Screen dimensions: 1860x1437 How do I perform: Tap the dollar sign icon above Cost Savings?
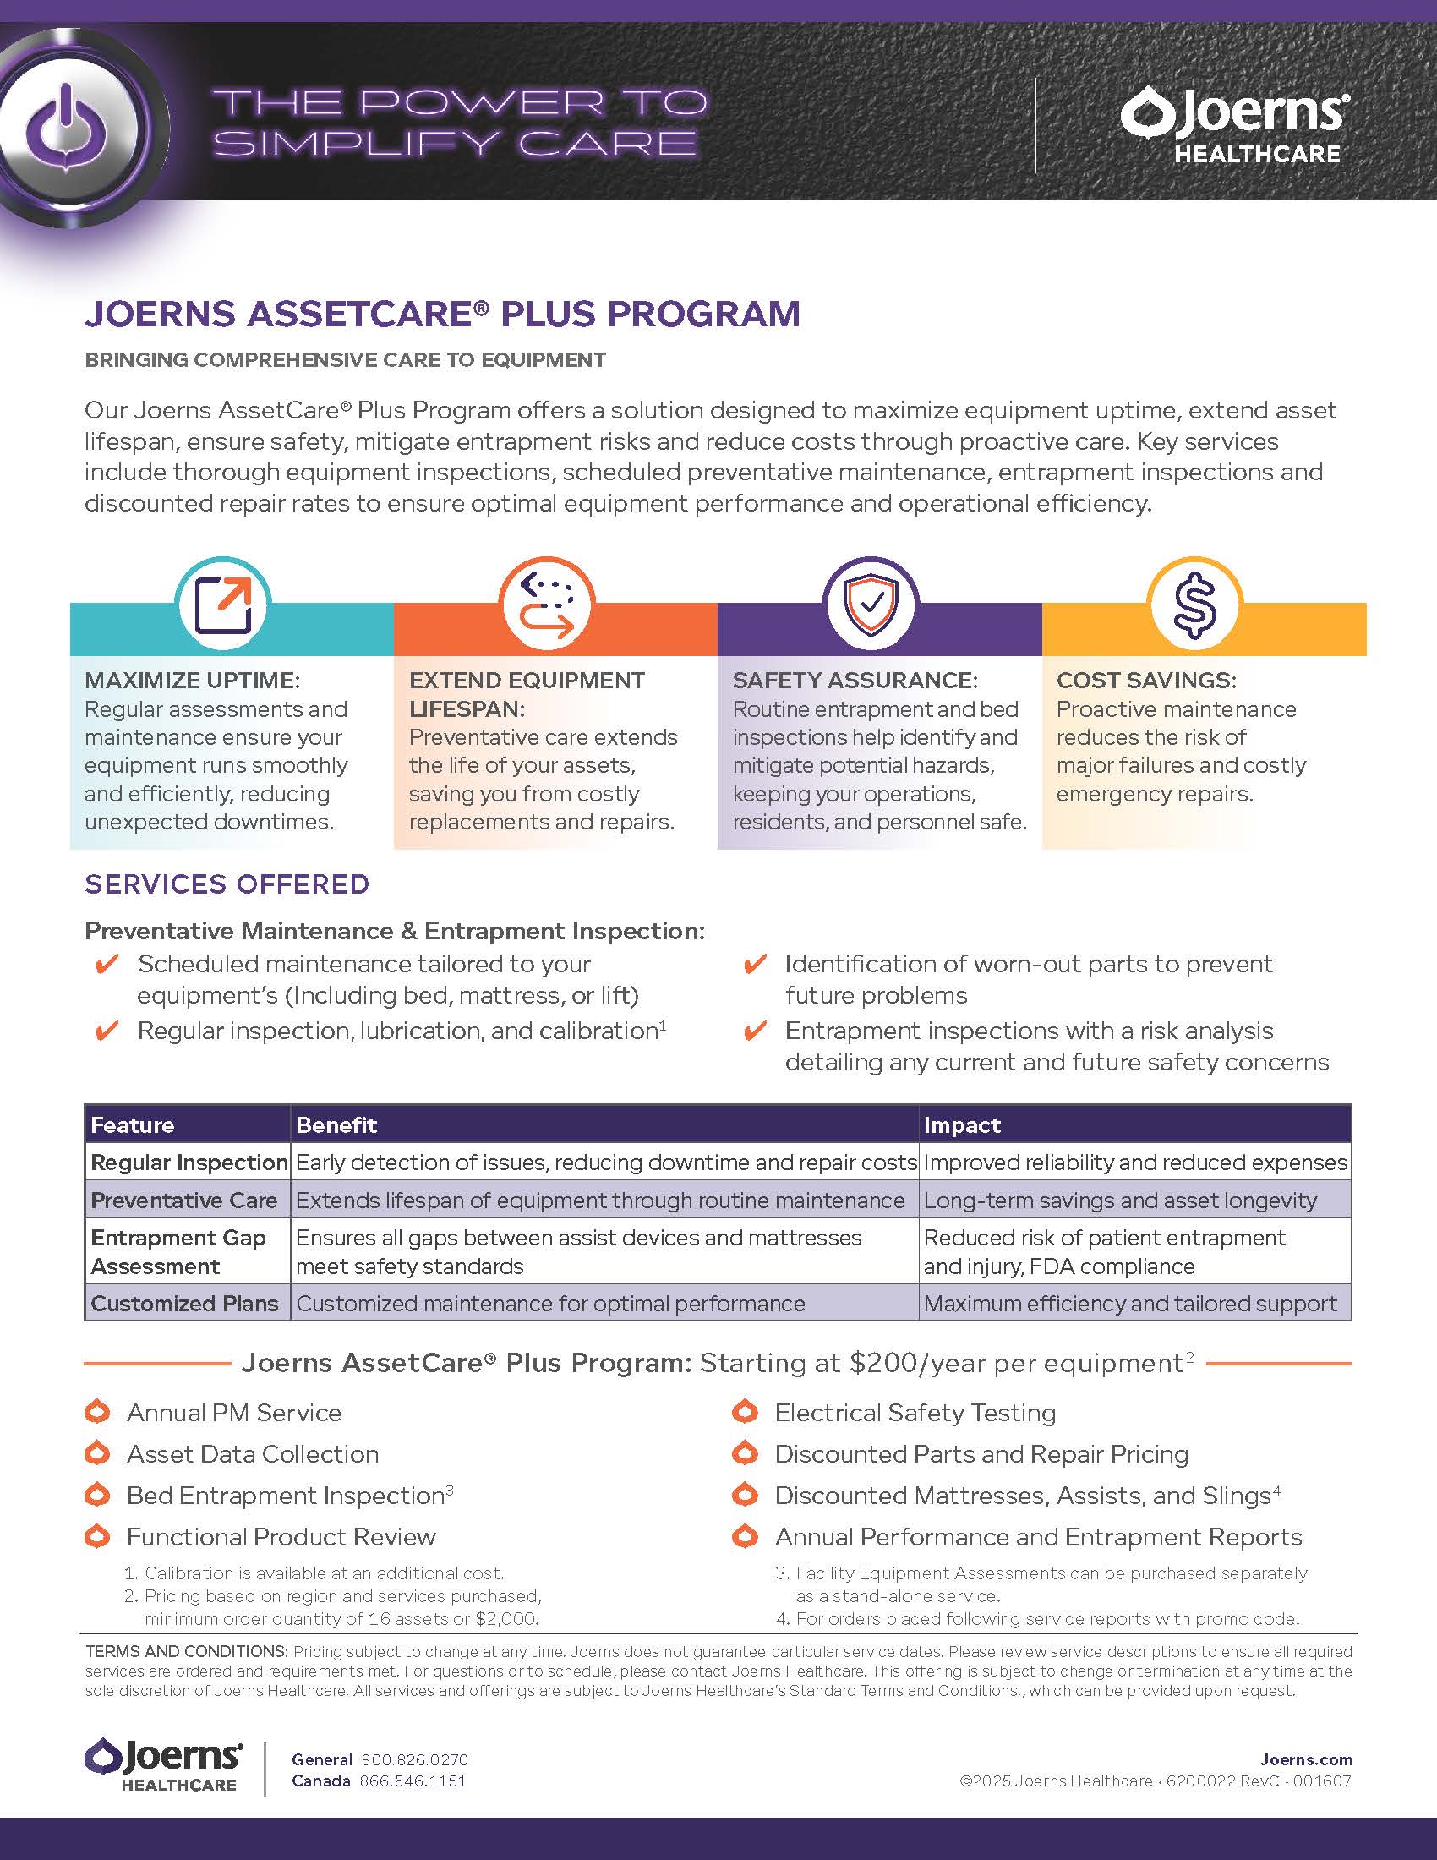tap(1194, 605)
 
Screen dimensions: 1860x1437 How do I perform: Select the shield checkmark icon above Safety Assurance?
tap(871, 605)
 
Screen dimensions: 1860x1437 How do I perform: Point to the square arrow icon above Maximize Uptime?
tap(223, 605)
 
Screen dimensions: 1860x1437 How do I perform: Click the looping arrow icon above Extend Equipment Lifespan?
tap(547, 605)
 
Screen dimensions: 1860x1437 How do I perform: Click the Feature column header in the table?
tap(133, 1125)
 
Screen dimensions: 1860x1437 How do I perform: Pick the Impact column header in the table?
tap(962, 1125)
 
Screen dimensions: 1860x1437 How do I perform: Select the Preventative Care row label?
tap(184, 1200)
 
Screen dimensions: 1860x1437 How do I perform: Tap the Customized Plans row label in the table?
tap(185, 1303)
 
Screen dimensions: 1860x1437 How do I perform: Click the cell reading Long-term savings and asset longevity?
tap(1119, 1200)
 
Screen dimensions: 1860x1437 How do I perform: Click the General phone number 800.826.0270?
tap(414, 1759)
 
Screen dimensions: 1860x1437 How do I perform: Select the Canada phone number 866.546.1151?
tap(413, 1781)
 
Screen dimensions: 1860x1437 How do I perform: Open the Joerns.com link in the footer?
tap(1306, 1759)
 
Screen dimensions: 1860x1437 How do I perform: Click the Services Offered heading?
tap(227, 884)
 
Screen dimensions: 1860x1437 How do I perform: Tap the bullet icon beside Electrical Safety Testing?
tap(745, 1412)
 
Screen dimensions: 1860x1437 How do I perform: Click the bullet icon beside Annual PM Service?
tap(98, 1412)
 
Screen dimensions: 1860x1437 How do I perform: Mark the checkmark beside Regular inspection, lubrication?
tap(107, 1031)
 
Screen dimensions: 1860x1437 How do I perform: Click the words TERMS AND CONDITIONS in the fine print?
tap(187, 1651)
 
